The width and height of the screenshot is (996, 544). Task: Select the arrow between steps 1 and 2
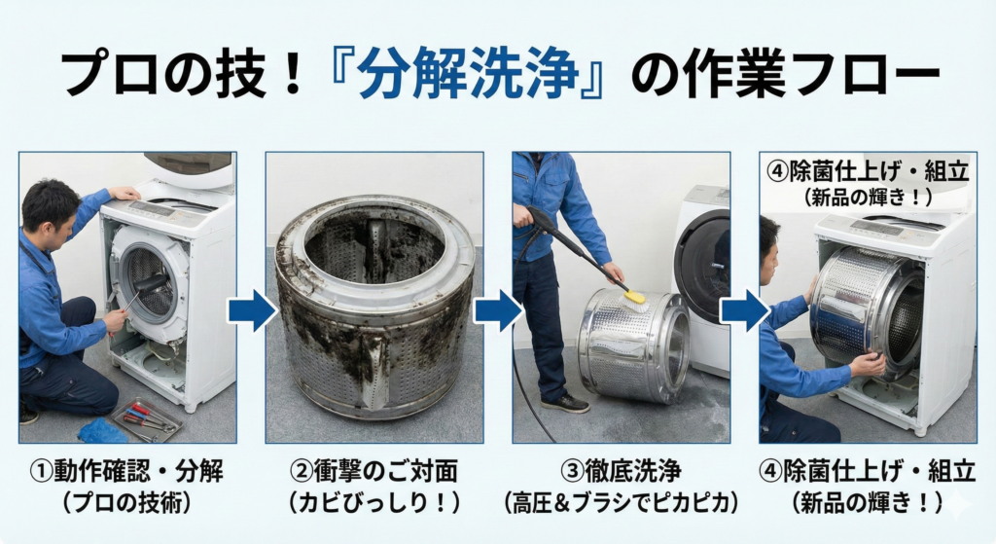(252, 310)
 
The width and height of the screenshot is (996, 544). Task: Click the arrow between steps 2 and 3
(498, 310)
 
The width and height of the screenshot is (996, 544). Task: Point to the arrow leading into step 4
(744, 310)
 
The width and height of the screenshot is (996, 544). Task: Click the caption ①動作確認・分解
(127, 472)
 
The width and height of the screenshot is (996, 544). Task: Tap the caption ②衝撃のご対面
(373, 472)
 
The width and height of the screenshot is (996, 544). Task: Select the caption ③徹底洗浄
(621, 472)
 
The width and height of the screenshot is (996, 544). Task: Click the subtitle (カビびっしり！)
(373, 503)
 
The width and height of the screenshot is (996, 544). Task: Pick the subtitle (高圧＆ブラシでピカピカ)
(621, 503)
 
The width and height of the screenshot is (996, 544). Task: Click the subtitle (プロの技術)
(127, 503)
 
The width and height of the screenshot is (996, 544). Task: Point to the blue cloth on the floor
(101, 431)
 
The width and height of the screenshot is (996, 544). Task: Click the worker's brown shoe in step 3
(565, 403)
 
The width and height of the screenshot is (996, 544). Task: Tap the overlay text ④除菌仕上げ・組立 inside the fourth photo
(869, 171)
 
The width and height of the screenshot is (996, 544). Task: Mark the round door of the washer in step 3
(704, 268)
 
